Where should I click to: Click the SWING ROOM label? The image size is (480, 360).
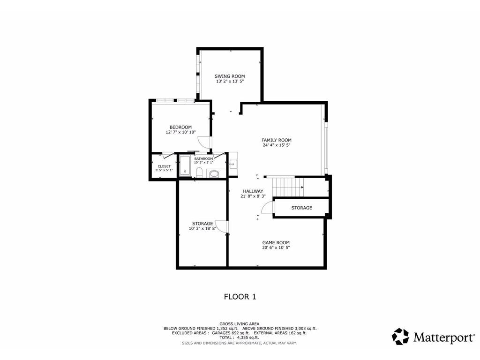(230, 76)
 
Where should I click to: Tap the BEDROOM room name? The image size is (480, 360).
(180, 127)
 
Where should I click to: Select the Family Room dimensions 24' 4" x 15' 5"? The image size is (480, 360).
(277, 145)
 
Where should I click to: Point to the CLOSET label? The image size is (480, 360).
(164, 166)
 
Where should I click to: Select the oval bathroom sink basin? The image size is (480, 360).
(214, 173)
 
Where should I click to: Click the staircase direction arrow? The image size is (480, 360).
(301, 187)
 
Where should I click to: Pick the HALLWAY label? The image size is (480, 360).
(253, 191)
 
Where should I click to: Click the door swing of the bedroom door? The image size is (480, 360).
(203, 142)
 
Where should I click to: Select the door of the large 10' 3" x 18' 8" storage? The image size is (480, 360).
(224, 227)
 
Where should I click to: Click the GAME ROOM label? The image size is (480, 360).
(276, 242)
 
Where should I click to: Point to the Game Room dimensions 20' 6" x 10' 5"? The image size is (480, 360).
(276, 247)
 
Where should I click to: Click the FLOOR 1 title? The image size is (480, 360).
(240, 296)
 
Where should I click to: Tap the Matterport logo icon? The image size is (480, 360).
(400, 336)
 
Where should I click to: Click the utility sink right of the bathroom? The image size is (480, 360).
(232, 164)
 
